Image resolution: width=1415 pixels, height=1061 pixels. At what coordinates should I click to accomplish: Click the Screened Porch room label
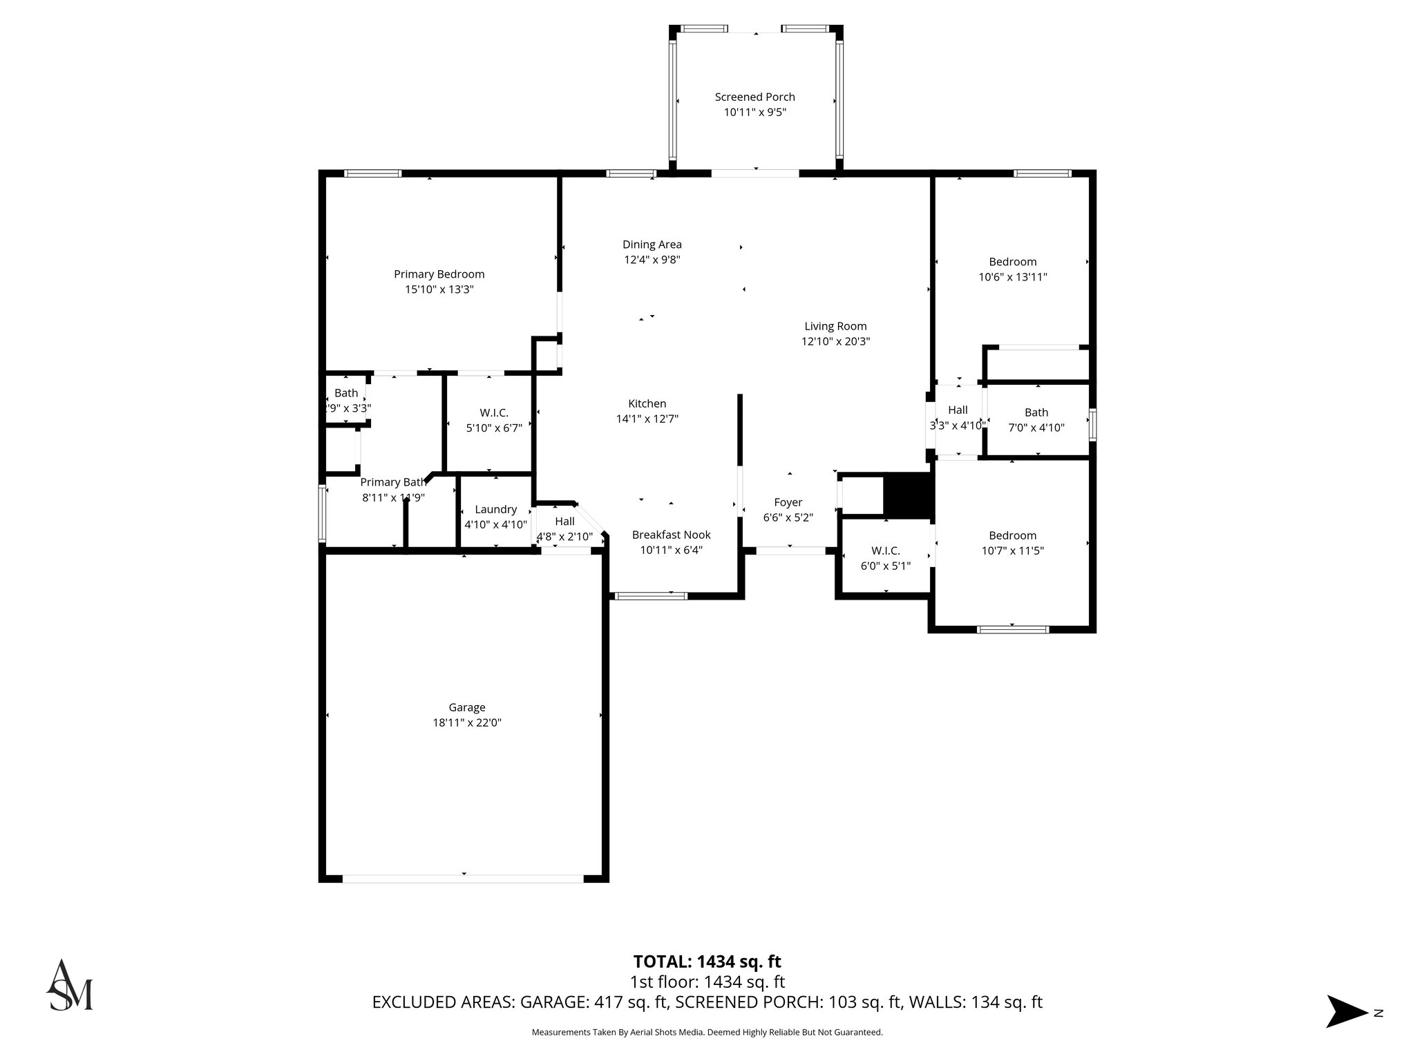click(754, 97)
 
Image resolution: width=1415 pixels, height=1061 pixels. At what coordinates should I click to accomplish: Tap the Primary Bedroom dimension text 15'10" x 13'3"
click(439, 290)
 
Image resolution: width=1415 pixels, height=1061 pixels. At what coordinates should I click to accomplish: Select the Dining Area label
click(652, 245)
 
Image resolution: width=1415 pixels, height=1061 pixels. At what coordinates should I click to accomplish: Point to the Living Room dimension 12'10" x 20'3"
click(835, 341)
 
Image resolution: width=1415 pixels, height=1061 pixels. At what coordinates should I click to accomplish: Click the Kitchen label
click(647, 404)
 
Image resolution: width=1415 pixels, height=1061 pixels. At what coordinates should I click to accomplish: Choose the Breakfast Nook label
click(671, 535)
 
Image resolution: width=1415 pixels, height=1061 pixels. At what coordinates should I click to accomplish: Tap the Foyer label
click(788, 503)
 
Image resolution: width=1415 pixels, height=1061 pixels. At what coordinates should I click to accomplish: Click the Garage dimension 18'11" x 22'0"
click(466, 723)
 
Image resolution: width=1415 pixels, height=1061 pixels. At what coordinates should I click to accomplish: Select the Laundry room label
click(495, 510)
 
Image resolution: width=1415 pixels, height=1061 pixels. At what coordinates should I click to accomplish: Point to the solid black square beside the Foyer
click(908, 495)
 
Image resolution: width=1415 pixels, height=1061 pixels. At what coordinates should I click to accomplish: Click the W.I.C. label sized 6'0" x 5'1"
click(885, 551)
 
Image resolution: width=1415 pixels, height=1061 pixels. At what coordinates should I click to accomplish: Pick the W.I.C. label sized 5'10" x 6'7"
click(494, 413)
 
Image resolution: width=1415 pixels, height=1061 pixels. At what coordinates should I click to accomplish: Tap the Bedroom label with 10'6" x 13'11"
click(1012, 262)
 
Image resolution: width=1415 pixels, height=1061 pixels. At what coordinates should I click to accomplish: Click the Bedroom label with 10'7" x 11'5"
click(1012, 535)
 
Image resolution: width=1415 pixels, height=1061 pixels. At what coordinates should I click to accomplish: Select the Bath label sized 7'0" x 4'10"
click(1036, 413)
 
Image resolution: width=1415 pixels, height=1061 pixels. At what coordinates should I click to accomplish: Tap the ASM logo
click(69, 985)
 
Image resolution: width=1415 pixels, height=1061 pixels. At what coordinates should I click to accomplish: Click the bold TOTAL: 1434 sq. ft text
click(707, 962)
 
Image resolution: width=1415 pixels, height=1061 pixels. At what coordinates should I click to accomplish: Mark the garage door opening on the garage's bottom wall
click(463, 879)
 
